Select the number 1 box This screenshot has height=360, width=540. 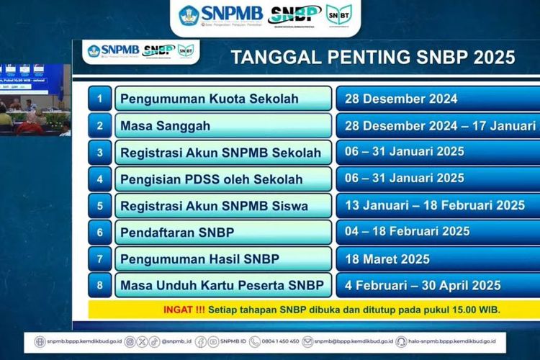(99, 99)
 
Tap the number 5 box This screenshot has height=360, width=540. (99, 205)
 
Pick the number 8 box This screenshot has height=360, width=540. (99, 284)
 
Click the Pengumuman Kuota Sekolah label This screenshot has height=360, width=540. (209, 99)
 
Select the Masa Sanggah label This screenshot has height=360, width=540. (166, 125)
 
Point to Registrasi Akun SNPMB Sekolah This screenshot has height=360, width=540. (220, 152)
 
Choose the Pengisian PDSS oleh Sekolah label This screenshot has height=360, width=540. (212, 179)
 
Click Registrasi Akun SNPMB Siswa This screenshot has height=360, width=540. (215, 205)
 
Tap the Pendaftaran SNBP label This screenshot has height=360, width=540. (177, 232)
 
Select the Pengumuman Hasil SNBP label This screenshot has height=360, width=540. (200, 258)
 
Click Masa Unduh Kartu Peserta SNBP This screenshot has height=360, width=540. (222, 284)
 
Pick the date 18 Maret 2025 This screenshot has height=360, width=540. (387, 258)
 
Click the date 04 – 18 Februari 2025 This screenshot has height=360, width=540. (408, 232)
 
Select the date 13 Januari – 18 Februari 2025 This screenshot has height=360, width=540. (435, 205)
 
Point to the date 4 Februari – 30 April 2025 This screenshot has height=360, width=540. (423, 284)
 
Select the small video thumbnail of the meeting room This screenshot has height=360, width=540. (35, 101)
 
